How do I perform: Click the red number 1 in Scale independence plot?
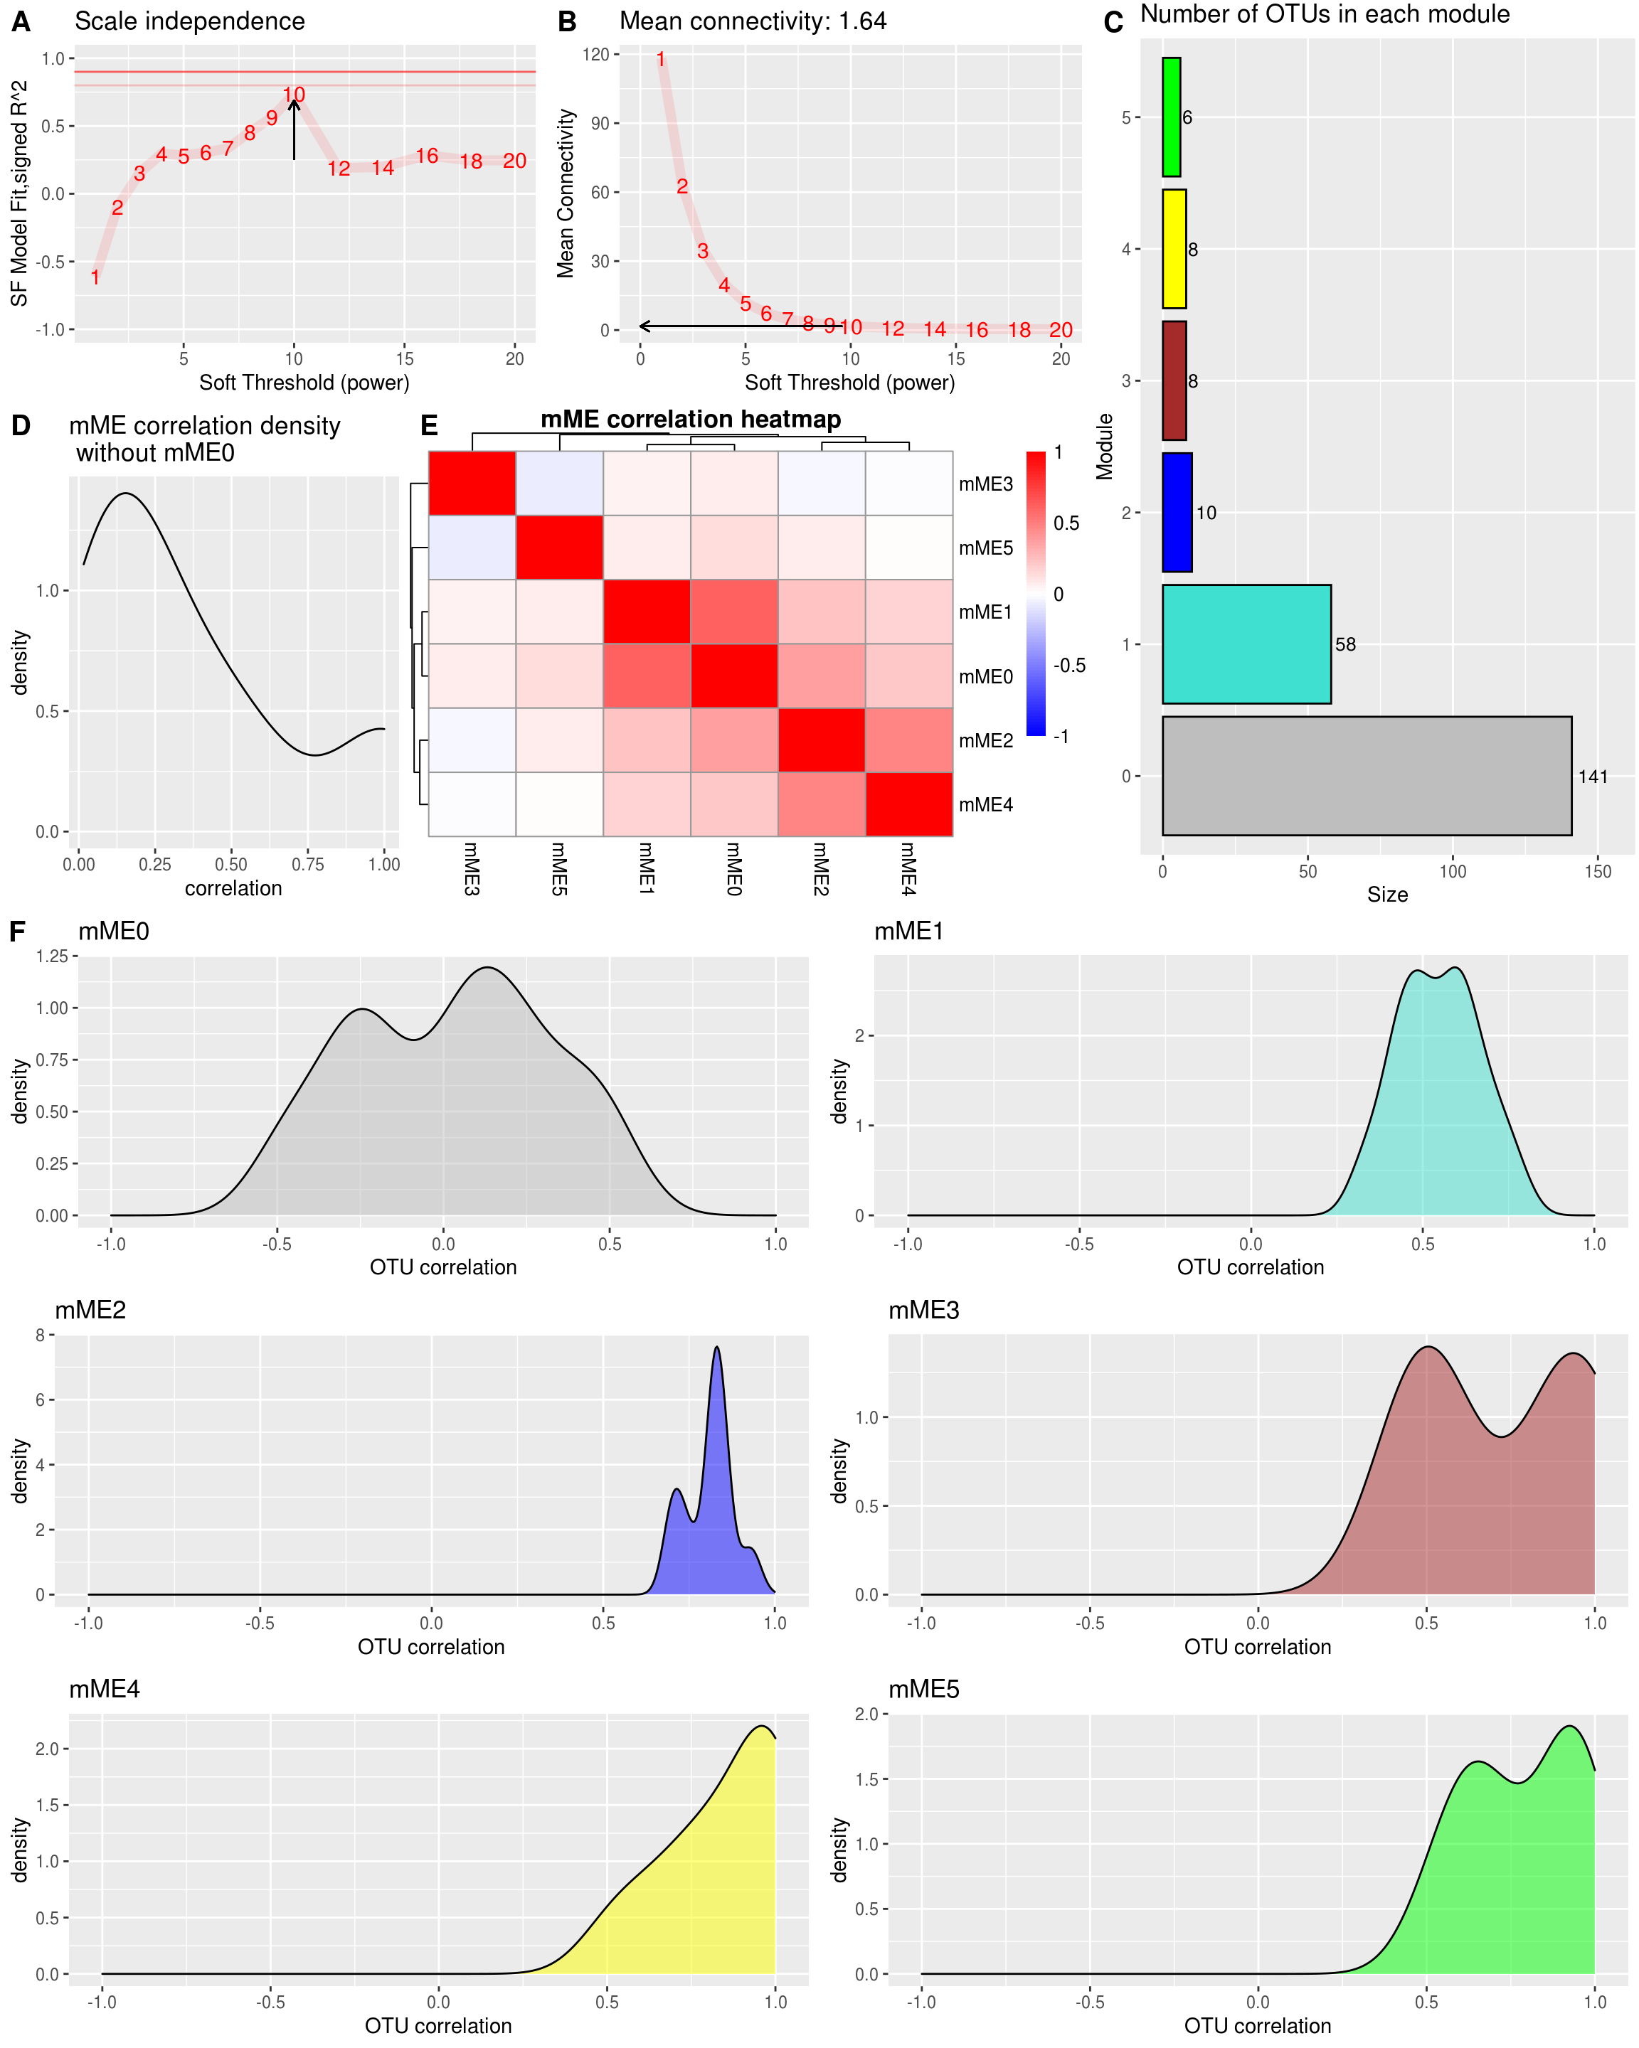pyautogui.click(x=95, y=277)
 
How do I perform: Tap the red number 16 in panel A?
pyautogui.click(x=427, y=156)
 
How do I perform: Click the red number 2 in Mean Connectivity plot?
pyautogui.click(x=681, y=186)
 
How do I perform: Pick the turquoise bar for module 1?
pyautogui.click(x=1246, y=644)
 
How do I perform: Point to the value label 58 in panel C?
pyautogui.click(x=1344, y=645)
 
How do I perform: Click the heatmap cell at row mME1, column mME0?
pyautogui.click(x=733, y=612)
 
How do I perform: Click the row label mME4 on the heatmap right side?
pyautogui.click(x=985, y=804)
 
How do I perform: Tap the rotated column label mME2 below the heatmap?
pyautogui.click(x=821, y=868)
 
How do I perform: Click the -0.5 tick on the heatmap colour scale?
pyautogui.click(x=1069, y=665)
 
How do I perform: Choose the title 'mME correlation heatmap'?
pyautogui.click(x=690, y=419)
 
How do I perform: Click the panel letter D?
pyautogui.click(x=21, y=425)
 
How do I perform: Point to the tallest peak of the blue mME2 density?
pyautogui.click(x=716, y=1349)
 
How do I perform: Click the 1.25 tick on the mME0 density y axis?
pyautogui.click(x=51, y=956)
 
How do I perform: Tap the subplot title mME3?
pyautogui.click(x=923, y=1311)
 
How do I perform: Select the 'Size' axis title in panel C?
pyautogui.click(x=1386, y=895)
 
